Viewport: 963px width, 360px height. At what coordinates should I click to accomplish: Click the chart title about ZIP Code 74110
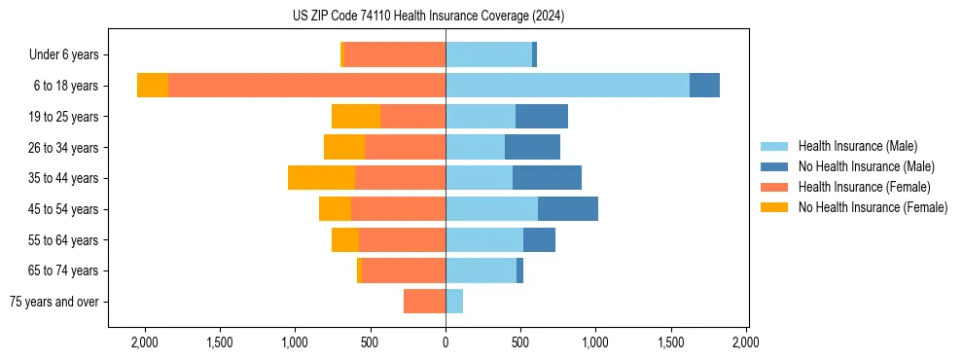pos(428,17)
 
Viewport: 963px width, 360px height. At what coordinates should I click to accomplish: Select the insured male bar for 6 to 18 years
pos(567,86)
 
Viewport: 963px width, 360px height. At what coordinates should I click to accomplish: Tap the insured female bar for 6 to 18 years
pos(306,86)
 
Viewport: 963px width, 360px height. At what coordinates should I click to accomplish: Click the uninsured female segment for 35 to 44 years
pos(321,178)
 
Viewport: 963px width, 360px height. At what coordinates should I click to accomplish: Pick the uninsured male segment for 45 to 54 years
pos(568,209)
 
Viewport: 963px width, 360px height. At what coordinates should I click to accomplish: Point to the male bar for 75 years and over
pos(454,302)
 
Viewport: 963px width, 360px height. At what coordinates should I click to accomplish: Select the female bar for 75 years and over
pos(424,302)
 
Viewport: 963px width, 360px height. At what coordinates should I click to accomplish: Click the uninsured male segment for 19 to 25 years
pos(542,117)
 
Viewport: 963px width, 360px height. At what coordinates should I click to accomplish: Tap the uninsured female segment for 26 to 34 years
pos(344,148)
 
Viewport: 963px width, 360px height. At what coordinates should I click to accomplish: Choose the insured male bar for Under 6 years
pos(488,55)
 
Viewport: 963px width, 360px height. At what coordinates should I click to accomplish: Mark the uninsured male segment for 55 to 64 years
pos(539,240)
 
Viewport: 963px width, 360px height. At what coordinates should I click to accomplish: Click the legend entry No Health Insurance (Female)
pos(872,207)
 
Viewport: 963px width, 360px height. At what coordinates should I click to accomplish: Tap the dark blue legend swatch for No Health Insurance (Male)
pos(775,166)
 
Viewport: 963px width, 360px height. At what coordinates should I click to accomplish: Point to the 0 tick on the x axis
pos(446,342)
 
